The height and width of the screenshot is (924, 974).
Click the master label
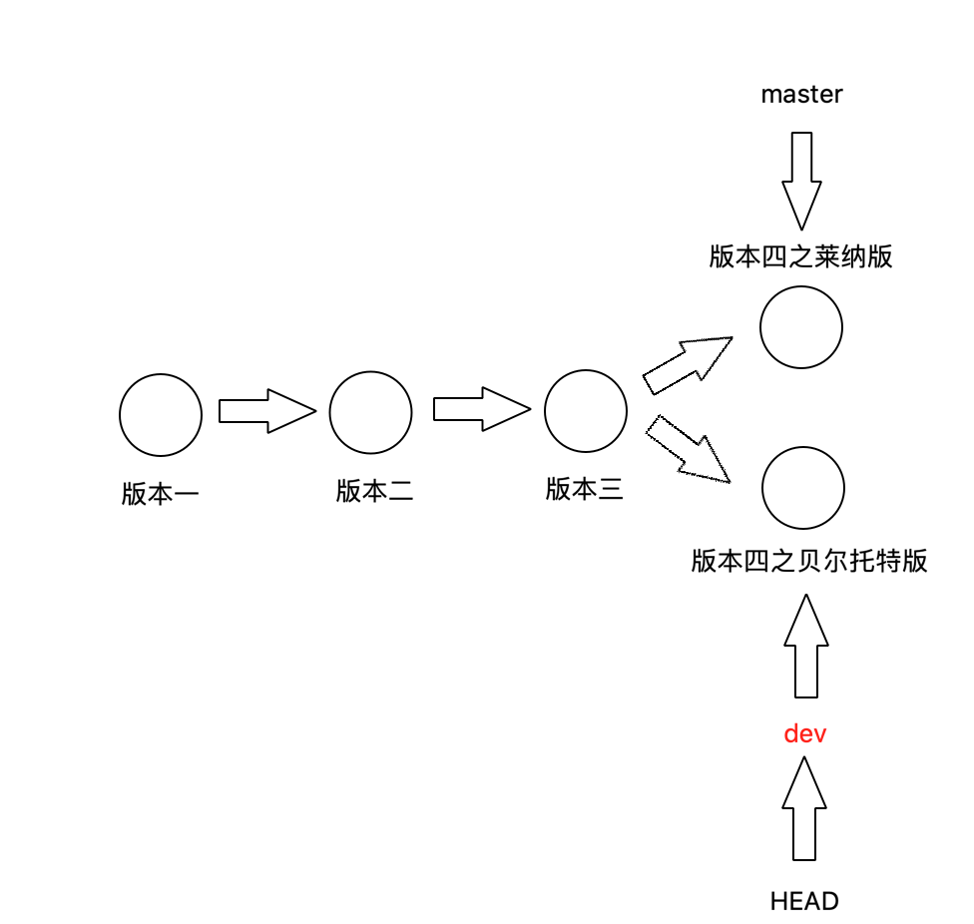[x=801, y=95]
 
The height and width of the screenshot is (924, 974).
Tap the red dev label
[x=805, y=734]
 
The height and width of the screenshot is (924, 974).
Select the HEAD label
[x=804, y=902]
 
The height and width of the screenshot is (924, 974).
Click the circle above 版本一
[x=161, y=414]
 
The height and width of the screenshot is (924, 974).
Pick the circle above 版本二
[x=370, y=411]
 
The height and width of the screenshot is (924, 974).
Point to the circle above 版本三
[x=586, y=410]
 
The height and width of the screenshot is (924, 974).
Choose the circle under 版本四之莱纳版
[x=801, y=326]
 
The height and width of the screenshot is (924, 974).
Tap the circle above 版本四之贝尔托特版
[x=803, y=489]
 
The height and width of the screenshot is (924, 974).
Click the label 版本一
[x=161, y=494]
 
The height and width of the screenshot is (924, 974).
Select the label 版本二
[x=374, y=491]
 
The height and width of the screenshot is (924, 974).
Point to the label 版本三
[x=585, y=489]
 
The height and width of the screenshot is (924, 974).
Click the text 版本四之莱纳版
[x=800, y=257]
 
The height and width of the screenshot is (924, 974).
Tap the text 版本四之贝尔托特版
[x=809, y=561]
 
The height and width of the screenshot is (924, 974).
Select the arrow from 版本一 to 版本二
[x=265, y=411]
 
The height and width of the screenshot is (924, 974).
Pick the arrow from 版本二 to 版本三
[x=480, y=410]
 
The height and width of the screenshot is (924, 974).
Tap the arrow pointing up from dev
[x=805, y=646]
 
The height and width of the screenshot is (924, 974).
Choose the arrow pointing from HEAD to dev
[x=804, y=809]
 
